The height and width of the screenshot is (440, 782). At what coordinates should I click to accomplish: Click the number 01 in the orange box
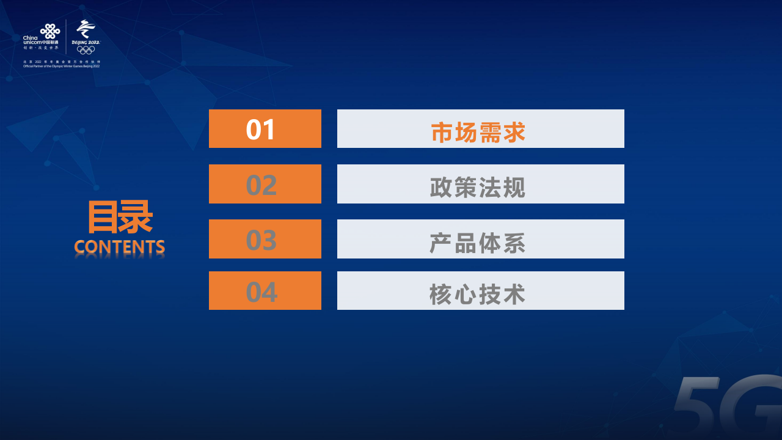(261, 130)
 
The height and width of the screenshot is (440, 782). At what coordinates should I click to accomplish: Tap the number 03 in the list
(261, 240)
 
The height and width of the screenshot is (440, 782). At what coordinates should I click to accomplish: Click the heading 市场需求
(478, 132)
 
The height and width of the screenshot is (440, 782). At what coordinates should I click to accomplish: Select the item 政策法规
(478, 186)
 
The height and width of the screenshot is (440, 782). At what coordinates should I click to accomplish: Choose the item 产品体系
(478, 242)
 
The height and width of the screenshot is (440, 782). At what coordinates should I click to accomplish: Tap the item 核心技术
(478, 294)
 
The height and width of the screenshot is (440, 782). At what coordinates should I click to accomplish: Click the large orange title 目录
(120, 218)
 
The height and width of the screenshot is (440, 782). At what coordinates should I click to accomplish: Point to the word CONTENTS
(120, 247)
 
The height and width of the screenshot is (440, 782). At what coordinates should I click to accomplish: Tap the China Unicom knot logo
(50, 30)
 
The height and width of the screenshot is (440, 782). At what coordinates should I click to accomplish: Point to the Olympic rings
(86, 50)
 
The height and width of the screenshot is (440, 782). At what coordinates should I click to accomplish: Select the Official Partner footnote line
(61, 65)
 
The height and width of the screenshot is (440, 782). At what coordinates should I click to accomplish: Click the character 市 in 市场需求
(442, 132)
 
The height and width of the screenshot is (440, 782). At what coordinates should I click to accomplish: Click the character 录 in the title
(136, 218)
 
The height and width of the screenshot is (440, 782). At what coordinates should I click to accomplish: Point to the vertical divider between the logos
(66, 37)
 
